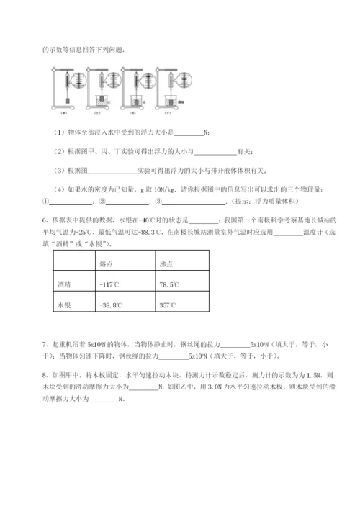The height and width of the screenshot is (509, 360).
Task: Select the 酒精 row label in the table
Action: (65, 285)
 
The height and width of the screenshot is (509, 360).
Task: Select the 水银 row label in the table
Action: (65, 305)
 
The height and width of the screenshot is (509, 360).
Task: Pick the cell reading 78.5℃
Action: (168, 285)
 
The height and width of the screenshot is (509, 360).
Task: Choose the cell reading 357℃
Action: (167, 305)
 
